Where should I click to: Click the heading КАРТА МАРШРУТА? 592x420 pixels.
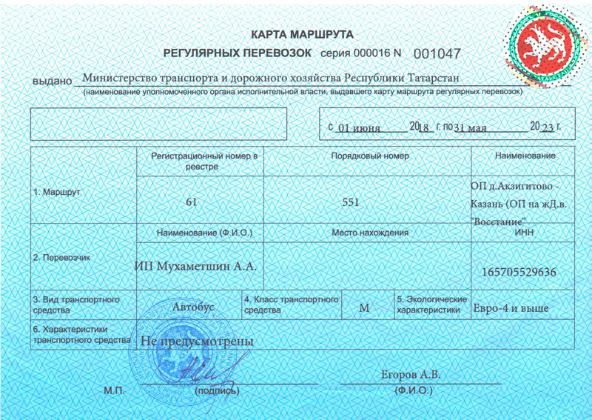pyautogui.click(x=302, y=35)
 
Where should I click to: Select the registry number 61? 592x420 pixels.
pyautogui.click(x=192, y=201)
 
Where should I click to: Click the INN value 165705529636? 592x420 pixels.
pyautogui.click(x=519, y=272)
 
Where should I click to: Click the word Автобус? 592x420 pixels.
pyautogui.click(x=192, y=305)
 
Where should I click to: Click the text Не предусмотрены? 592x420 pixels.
pyautogui.click(x=197, y=341)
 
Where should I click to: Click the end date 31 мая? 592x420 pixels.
pyautogui.click(x=470, y=127)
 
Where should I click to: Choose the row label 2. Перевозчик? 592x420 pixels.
pyautogui.click(x=61, y=258)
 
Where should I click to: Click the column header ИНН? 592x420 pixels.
pyautogui.click(x=523, y=233)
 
